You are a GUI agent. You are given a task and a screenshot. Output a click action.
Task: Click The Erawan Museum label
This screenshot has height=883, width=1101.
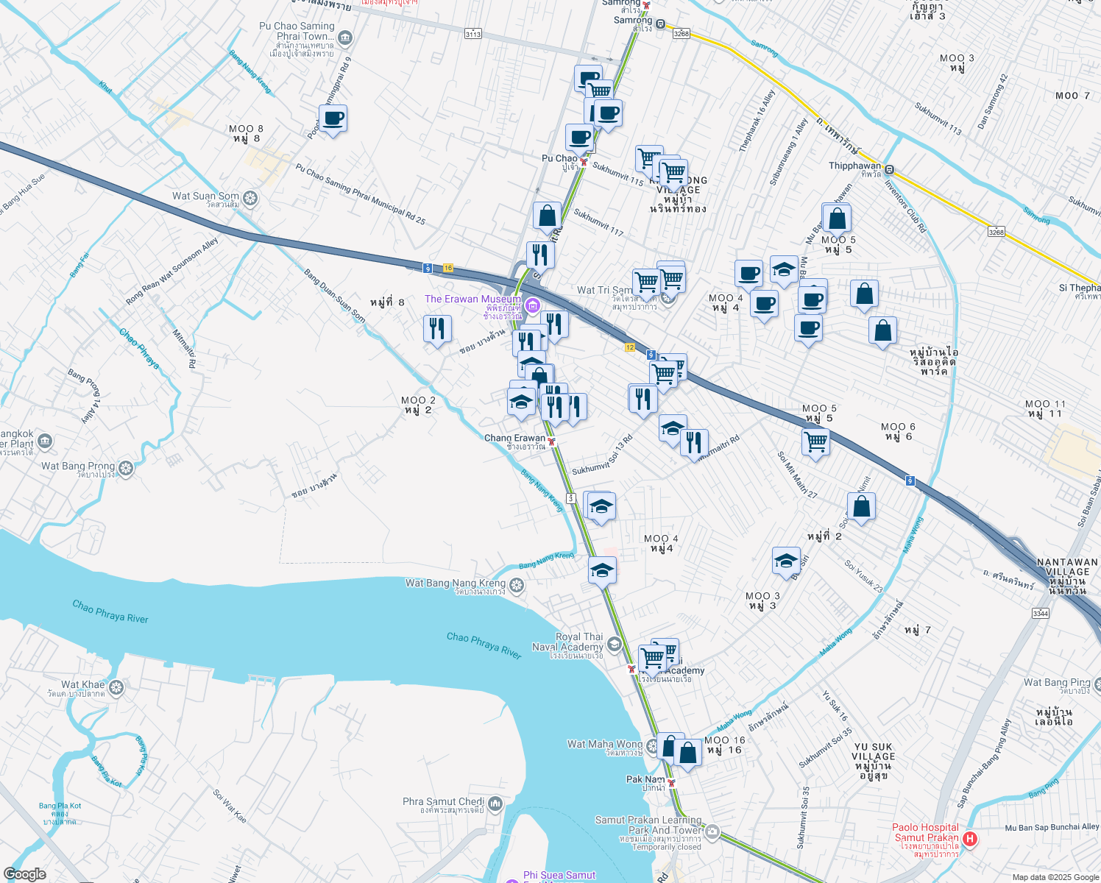click(x=472, y=299)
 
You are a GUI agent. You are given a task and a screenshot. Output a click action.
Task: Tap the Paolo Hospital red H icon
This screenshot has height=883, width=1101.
click(x=970, y=839)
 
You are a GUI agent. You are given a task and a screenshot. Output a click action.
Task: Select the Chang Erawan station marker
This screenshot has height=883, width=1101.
click(x=551, y=441)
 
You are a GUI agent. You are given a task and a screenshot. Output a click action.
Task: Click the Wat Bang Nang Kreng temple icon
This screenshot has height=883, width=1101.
click(x=517, y=586)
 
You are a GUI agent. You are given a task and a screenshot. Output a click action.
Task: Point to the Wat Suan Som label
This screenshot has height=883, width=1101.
click(x=205, y=196)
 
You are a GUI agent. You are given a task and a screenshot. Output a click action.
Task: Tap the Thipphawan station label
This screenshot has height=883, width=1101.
click(x=854, y=166)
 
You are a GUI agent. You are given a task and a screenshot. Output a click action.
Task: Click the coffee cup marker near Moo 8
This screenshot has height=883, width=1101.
click(x=333, y=118)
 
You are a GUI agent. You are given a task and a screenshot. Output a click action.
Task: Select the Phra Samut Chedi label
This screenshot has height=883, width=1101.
click(x=443, y=802)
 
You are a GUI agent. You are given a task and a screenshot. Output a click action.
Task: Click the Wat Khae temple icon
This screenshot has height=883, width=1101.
click(x=116, y=687)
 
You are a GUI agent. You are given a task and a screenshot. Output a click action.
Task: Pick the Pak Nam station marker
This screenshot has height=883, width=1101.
click(x=671, y=783)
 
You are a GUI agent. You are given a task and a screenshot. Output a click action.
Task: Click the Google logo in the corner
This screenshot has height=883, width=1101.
click(x=24, y=874)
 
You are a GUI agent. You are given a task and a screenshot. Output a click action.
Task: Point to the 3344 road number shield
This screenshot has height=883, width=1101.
click(x=1040, y=613)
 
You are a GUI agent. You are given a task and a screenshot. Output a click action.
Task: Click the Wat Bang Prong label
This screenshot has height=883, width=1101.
click(x=78, y=467)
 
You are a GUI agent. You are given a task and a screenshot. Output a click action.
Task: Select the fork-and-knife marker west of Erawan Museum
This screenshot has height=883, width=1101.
click(x=437, y=328)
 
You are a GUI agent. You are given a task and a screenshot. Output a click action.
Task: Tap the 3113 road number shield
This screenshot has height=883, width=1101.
click(x=473, y=34)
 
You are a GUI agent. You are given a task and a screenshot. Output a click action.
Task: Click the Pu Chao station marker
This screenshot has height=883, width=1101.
click(x=583, y=161)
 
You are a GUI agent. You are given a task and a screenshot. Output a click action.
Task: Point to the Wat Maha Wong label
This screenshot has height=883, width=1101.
click(x=605, y=745)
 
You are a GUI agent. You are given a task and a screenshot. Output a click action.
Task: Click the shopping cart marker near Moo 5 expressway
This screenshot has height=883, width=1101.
click(x=815, y=443)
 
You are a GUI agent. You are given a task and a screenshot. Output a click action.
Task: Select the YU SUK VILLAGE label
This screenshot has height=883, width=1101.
click(x=874, y=751)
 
